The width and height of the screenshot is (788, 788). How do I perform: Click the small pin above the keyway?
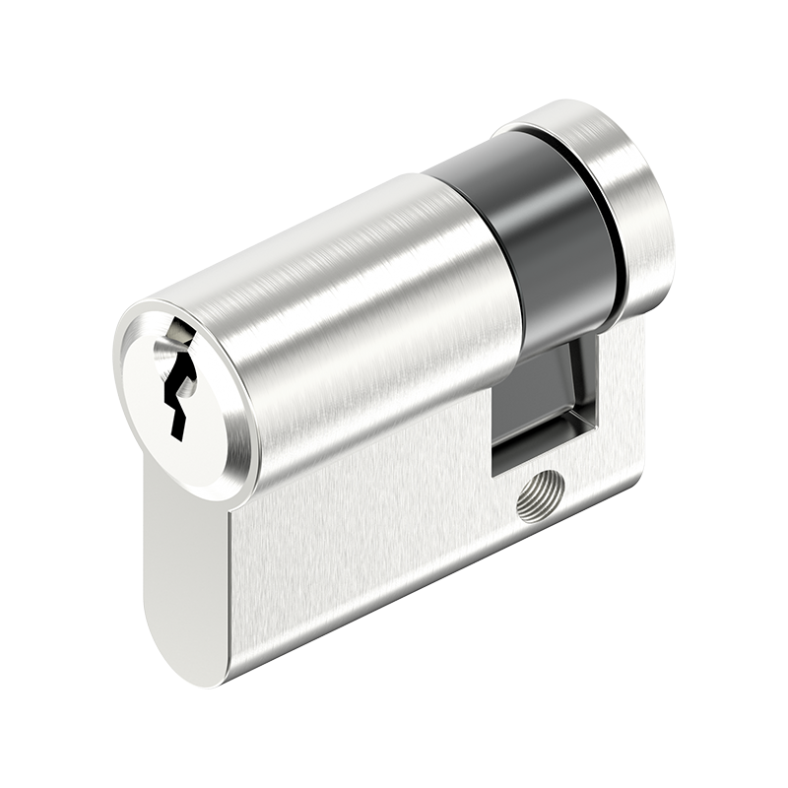[x=176, y=336]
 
